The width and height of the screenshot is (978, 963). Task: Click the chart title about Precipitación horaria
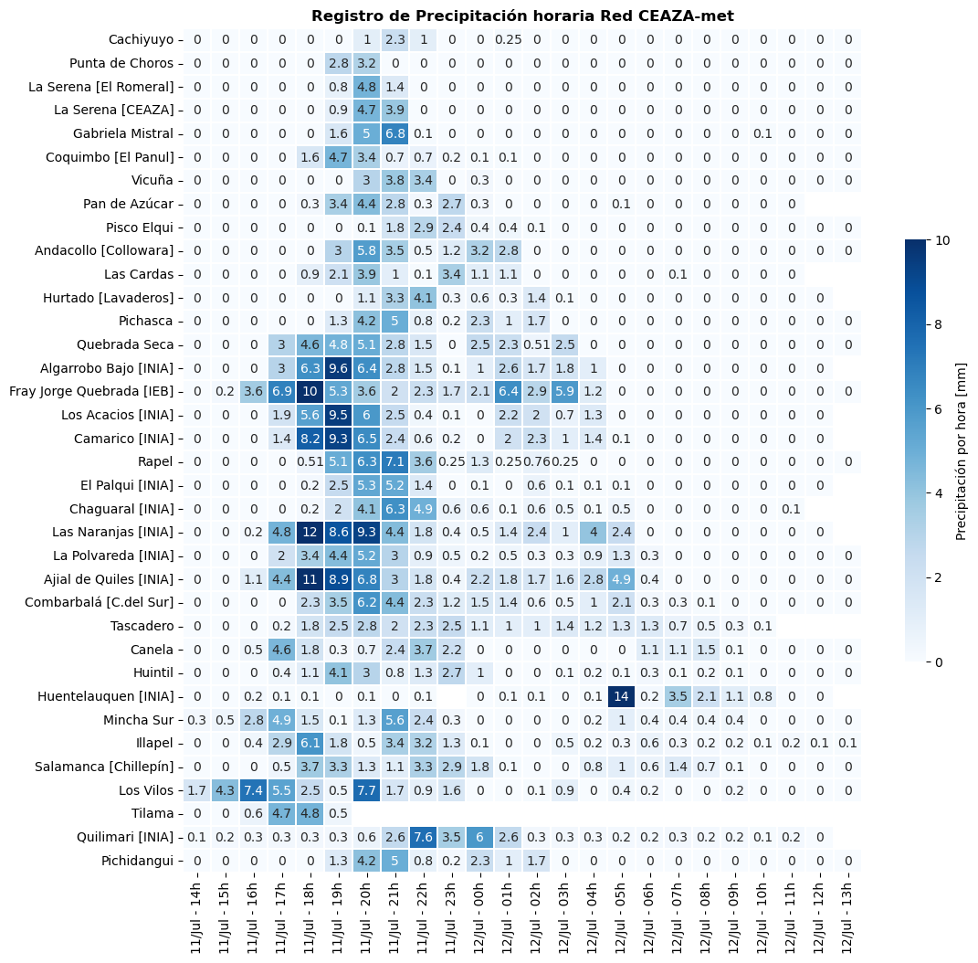[x=522, y=16]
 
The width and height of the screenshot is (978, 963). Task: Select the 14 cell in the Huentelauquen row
[x=621, y=696]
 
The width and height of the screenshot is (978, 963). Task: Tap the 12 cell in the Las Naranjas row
[x=310, y=533]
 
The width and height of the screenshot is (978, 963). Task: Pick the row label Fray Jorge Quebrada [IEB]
[x=91, y=392]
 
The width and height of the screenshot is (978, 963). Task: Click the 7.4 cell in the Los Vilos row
[x=253, y=790]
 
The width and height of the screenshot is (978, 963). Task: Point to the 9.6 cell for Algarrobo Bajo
[x=338, y=368]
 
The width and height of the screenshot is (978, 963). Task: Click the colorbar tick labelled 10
[x=942, y=240]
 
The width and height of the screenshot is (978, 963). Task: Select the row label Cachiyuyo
[x=141, y=40]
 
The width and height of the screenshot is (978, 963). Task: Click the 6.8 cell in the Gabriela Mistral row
[x=394, y=133]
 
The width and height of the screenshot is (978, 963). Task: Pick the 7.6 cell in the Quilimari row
[x=424, y=837]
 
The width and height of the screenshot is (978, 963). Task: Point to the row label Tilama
[x=152, y=813]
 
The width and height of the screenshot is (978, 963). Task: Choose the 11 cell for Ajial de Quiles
[x=310, y=579]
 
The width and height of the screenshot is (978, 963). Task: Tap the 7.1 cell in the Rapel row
[x=394, y=461]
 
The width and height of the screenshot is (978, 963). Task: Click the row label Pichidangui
[x=138, y=862]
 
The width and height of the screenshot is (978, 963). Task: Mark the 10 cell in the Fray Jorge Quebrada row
[x=310, y=392]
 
